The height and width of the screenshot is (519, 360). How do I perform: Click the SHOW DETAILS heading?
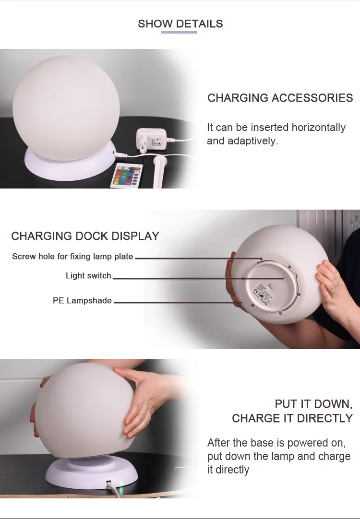click(180, 24)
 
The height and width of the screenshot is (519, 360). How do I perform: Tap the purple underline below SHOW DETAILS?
click(179, 32)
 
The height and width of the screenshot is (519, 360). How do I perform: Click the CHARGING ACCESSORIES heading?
click(280, 98)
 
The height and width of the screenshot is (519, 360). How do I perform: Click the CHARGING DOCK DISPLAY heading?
click(85, 236)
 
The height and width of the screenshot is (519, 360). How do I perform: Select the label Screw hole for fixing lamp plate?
click(72, 257)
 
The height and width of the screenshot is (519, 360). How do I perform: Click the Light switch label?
click(88, 276)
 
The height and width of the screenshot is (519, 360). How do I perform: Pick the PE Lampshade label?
click(82, 301)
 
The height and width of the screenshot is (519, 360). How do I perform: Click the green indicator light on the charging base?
click(121, 483)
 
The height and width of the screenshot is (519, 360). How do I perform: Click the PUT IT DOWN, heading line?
click(313, 403)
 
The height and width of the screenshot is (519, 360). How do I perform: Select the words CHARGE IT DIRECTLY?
click(292, 418)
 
